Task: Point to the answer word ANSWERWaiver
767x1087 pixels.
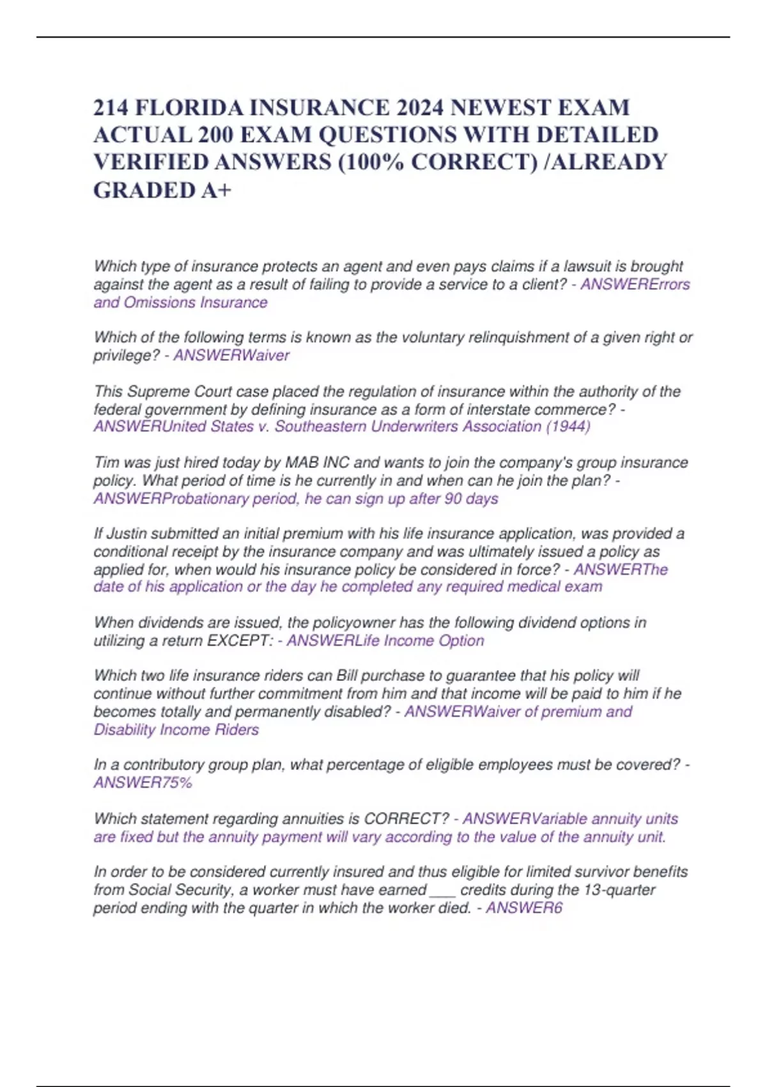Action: (x=231, y=356)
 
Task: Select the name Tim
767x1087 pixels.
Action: (x=107, y=462)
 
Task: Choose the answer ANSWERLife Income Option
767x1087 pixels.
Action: (x=385, y=641)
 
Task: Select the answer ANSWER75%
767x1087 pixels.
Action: (x=143, y=783)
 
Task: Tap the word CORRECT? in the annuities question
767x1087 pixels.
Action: (x=406, y=818)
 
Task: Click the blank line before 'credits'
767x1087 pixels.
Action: (x=442, y=890)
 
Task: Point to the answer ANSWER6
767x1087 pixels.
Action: (x=523, y=908)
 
